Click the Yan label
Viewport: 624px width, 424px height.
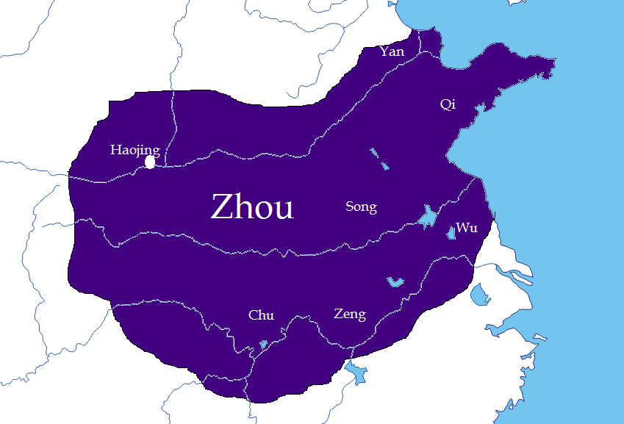click(x=392, y=51)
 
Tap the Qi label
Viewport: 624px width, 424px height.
click(x=448, y=104)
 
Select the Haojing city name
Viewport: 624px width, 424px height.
click(x=135, y=150)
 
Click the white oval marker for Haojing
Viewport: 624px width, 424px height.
click(x=151, y=162)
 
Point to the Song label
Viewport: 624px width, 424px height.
click(x=361, y=207)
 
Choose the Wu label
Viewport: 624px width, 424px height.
click(x=467, y=228)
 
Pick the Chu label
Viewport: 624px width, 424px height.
click(x=261, y=315)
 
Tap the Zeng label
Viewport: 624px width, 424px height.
click(x=350, y=315)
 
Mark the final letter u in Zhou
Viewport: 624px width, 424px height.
click(x=284, y=210)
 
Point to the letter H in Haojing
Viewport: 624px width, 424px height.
click(x=115, y=150)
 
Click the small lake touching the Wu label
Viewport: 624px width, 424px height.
click(x=451, y=233)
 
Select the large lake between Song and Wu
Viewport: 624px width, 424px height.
click(x=427, y=217)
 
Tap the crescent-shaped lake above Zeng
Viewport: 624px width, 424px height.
click(x=395, y=281)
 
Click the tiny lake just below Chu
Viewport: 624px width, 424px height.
click(x=264, y=344)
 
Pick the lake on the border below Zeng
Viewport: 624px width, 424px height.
click(x=356, y=373)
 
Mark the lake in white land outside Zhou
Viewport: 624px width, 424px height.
click(x=479, y=295)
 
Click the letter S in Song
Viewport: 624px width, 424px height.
click(x=350, y=207)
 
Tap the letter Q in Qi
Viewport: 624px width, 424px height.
click(x=445, y=104)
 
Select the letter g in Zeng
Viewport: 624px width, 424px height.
click(x=361, y=317)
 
